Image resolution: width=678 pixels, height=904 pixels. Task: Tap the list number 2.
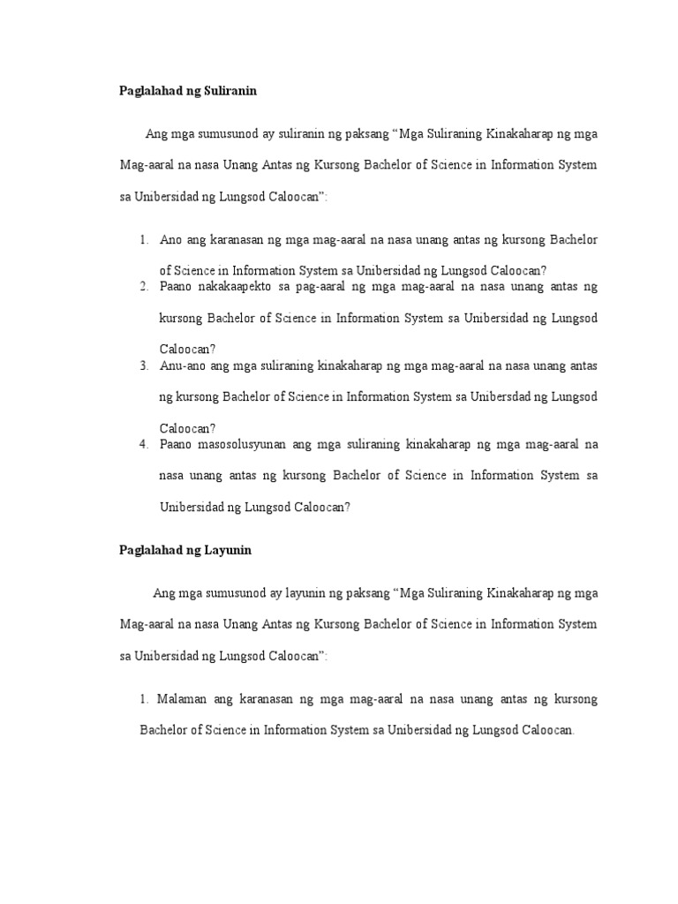click(143, 286)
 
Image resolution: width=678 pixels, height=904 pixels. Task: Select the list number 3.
click(143, 365)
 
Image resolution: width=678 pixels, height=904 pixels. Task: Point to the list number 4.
click(143, 444)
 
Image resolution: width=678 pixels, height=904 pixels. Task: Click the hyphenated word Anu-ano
click(183, 365)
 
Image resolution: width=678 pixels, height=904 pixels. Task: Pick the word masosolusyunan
click(238, 444)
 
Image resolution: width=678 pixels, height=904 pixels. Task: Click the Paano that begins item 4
click(177, 444)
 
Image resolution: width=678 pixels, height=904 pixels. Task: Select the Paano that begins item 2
click(177, 286)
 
